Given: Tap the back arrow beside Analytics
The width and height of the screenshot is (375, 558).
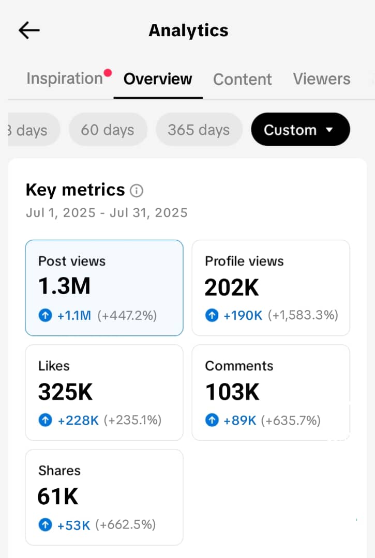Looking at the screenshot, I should click(x=29, y=30).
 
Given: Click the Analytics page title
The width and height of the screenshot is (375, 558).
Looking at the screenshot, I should click(x=188, y=30).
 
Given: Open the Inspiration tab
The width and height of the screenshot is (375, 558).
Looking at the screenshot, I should click(x=65, y=79).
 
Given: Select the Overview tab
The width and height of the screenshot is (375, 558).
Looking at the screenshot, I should click(x=158, y=79).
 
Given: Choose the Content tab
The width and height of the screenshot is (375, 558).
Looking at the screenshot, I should click(x=242, y=79).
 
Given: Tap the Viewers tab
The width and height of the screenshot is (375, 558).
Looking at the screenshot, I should click(x=321, y=79).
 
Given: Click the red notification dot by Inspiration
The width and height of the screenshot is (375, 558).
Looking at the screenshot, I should click(x=108, y=73).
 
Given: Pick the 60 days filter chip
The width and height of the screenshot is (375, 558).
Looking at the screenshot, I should click(x=108, y=130).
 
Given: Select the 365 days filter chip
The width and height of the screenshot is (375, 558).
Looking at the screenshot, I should click(x=199, y=130).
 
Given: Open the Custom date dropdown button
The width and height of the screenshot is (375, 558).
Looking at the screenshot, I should click(x=300, y=130).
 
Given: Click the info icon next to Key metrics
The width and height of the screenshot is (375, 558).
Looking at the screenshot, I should click(x=137, y=191).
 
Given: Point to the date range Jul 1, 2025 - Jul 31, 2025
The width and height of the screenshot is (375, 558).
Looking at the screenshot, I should click(x=107, y=212).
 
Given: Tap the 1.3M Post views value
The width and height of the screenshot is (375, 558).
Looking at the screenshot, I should click(x=64, y=286).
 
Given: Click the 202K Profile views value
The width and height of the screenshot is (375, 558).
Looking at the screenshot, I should click(x=232, y=287).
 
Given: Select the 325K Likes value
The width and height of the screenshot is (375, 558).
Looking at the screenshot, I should click(x=65, y=392).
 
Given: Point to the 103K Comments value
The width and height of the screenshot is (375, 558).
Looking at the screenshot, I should click(x=232, y=392).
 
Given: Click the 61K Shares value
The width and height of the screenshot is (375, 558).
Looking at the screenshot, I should click(x=58, y=497).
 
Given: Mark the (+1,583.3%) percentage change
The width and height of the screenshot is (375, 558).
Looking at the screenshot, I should click(x=303, y=315).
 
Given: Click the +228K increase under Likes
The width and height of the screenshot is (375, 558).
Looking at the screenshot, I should click(x=78, y=421).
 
